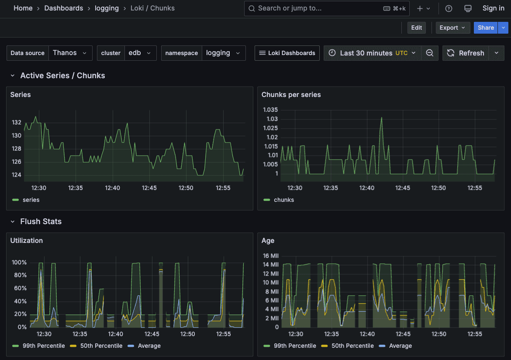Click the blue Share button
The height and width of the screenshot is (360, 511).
click(x=485, y=28)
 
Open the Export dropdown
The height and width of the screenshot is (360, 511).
click(x=452, y=28)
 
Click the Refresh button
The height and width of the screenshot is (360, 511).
click(x=466, y=53)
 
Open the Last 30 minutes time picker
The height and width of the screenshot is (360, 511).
click(x=372, y=53)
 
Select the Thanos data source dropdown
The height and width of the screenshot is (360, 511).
click(x=70, y=53)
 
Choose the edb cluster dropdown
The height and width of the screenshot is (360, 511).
click(x=140, y=53)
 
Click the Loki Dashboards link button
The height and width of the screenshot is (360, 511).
click(x=287, y=53)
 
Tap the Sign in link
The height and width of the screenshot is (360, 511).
click(x=493, y=8)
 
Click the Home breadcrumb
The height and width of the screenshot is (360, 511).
click(x=23, y=8)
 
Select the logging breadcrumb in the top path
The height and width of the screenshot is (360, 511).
click(x=107, y=8)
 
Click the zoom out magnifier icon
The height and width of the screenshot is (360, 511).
click(x=430, y=53)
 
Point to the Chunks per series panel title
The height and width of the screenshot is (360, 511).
click(x=291, y=94)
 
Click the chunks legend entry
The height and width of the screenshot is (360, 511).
click(x=283, y=200)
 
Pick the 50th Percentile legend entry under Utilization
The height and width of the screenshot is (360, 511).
click(x=101, y=346)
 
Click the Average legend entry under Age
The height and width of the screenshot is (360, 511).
click(x=400, y=346)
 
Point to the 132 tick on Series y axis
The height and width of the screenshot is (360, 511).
click(x=17, y=122)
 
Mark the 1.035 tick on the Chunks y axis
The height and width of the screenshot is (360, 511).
click(x=270, y=109)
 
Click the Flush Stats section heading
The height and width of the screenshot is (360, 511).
click(x=41, y=222)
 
